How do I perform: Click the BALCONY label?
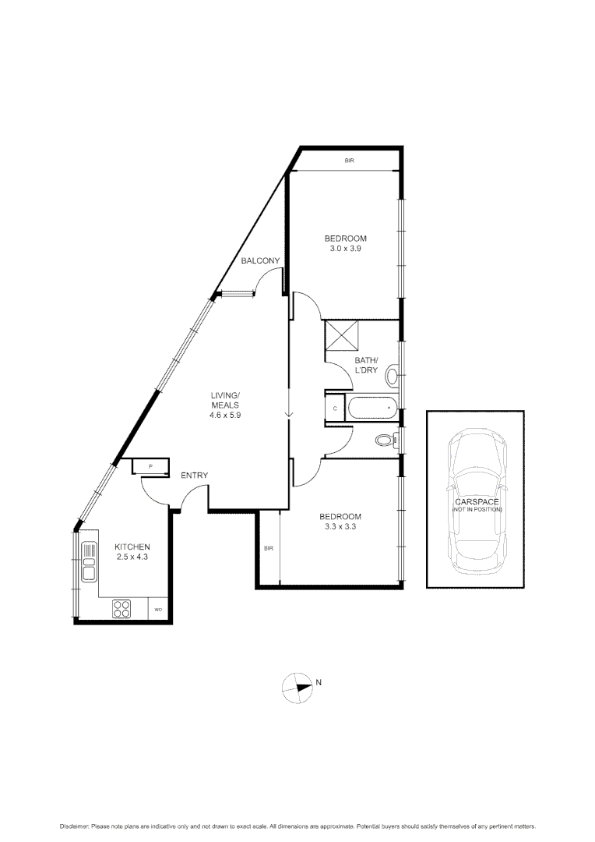click(260, 261)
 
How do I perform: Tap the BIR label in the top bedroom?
click(350, 161)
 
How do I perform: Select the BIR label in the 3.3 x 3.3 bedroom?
click(269, 548)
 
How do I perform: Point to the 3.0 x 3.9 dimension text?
click(345, 249)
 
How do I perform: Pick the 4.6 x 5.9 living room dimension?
click(225, 416)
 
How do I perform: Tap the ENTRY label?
click(194, 476)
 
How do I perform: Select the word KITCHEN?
click(132, 547)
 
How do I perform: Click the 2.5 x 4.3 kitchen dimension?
click(132, 557)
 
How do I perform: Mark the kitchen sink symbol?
click(88, 561)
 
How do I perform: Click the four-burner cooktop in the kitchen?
click(122, 607)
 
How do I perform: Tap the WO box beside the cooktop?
click(158, 609)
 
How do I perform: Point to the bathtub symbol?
click(373, 408)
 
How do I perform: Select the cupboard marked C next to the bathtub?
click(335, 408)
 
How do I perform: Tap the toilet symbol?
click(384, 440)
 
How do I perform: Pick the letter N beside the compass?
click(319, 683)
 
